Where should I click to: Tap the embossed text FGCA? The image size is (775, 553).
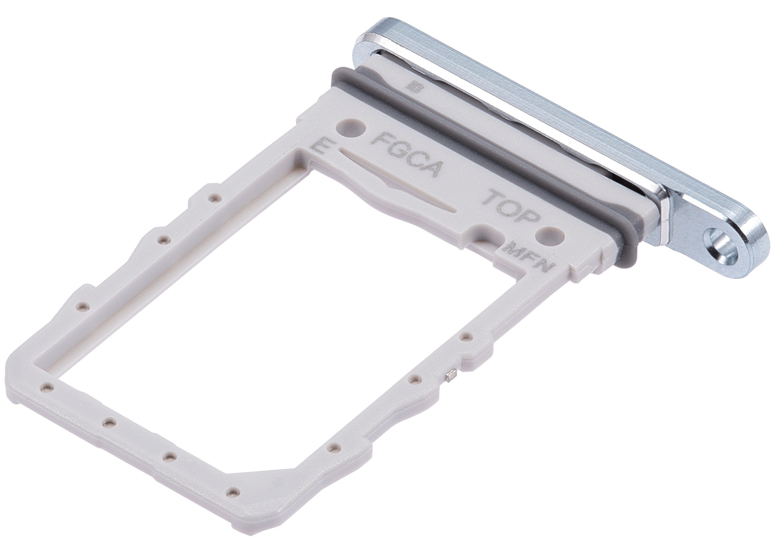point(407,154)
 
